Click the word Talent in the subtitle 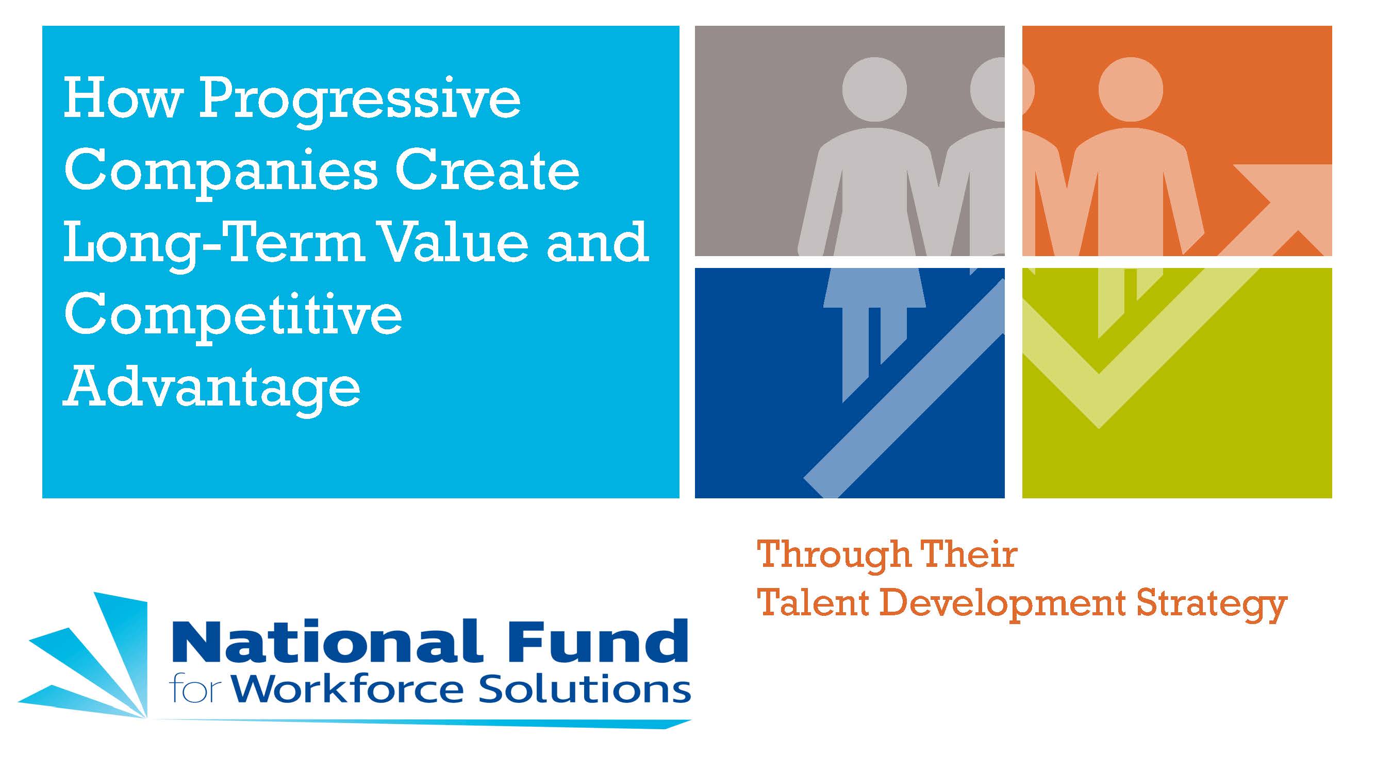(814, 603)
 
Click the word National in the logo (326, 642)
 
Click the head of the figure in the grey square (874, 89)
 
